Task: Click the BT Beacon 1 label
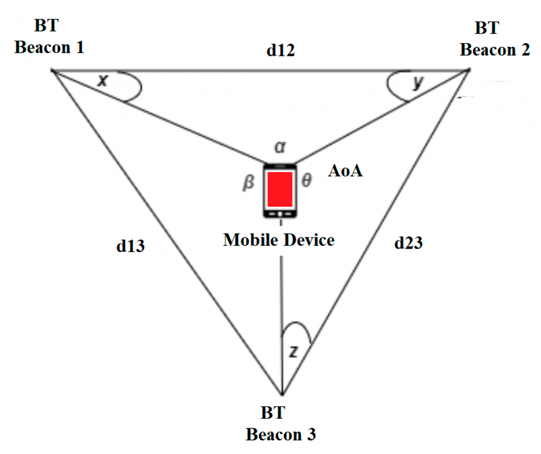coord(49,36)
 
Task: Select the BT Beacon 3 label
coord(280,423)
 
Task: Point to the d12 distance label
coord(280,51)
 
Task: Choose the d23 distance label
coord(408,243)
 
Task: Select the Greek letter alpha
coord(281,146)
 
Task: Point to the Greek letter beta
coord(248,184)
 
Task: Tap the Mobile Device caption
coord(279,240)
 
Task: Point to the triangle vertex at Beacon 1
coord(53,70)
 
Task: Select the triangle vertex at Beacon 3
coord(282,395)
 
